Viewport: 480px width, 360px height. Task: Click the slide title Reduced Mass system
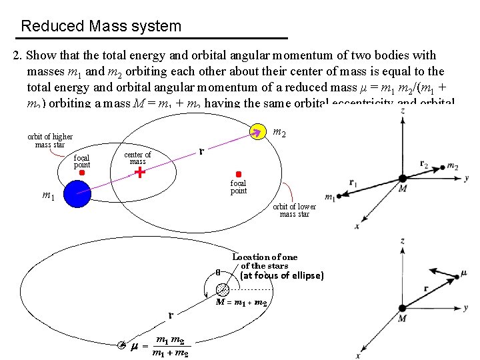point(101,27)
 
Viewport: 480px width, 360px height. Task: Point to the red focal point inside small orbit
point(81,172)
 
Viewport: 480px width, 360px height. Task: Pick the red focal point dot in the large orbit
point(238,174)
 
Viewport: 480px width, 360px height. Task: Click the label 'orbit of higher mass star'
point(50,140)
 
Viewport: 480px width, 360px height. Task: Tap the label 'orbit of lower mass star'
point(294,210)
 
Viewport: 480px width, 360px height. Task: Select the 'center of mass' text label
point(137,157)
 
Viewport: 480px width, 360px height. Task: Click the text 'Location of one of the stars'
point(265,261)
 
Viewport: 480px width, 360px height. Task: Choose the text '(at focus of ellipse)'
point(281,275)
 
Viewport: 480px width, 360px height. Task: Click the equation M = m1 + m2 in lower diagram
point(241,303)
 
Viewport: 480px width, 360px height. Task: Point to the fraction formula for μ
point(170,346)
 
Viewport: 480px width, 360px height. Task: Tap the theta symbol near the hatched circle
point(217,271)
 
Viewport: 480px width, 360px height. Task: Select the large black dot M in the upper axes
point(403,178)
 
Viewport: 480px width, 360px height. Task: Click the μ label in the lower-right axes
point(464,273)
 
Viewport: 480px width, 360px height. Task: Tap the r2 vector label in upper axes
point(425,163)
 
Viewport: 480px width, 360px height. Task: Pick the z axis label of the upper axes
point(403,110)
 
